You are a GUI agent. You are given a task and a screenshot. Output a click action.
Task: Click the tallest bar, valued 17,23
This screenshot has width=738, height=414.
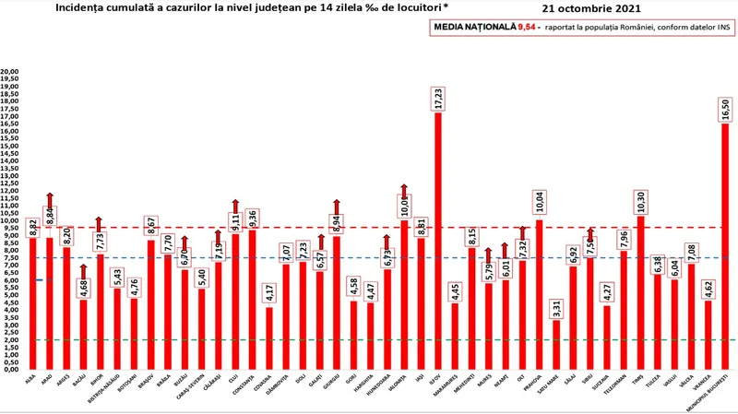(x=437, y=240)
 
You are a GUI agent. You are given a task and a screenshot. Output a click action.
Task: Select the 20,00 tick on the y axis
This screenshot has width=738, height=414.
(x=10, y=71)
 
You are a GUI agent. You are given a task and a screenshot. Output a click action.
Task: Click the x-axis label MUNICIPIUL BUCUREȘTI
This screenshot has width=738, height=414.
(x=722, y=391)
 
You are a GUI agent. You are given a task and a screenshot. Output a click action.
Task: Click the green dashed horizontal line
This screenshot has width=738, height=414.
(x=369, y=339)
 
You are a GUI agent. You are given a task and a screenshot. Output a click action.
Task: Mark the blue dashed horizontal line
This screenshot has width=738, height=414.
(x=369, y=257)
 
